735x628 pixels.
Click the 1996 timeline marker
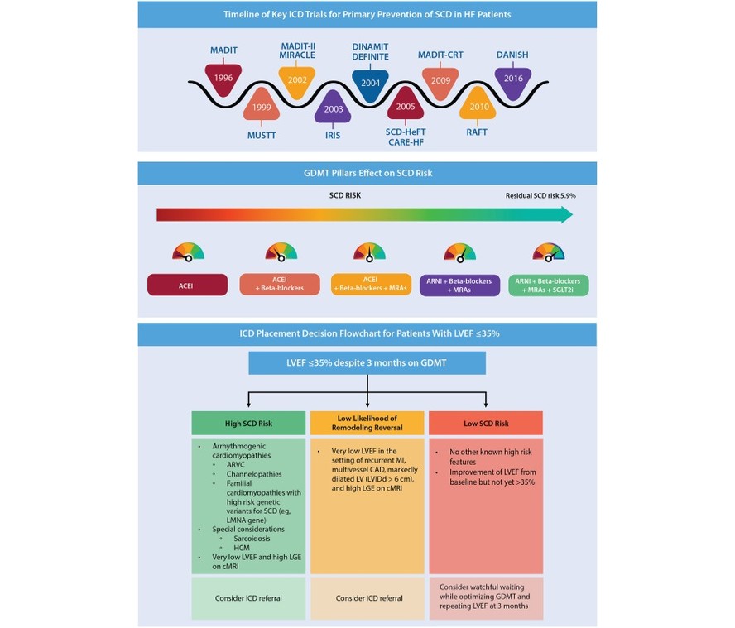click(x=223, y=79)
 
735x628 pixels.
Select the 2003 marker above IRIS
click(x=333, y=107)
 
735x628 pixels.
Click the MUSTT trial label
click(x=262, y=136)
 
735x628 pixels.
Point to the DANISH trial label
click(x=512, y=55)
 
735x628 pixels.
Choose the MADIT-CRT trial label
click(x=440, y=55)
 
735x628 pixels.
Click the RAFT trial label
click(x=477, y=132)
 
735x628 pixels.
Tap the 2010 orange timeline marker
click(x=478, y=104)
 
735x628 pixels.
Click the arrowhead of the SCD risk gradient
click(x=567, y=214)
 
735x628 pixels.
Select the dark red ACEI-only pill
click(x=188, y=285)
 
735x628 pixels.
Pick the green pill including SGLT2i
click(x=549, y=285)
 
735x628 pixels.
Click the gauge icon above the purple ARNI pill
click(x=460, y=252)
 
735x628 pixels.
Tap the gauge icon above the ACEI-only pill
click(x=188, y=252)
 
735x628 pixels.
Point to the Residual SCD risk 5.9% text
click(x=540, y=196)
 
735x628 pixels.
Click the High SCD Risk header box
click(x=248, y=423)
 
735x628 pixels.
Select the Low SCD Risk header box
click(x=486, y=423)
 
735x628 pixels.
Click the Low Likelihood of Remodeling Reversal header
click(x=367, y=423)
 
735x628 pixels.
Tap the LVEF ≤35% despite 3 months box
click(x=367, y=363)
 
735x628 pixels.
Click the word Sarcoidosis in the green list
click(x=252, y=539)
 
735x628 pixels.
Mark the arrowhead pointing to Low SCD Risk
click(x=486, y=404)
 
